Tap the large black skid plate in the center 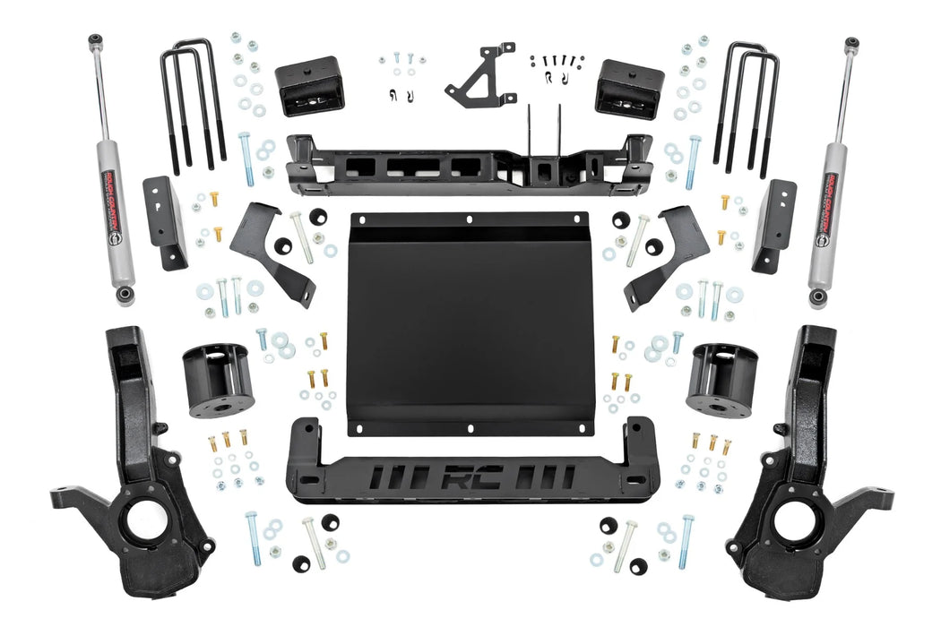tap(468, 322)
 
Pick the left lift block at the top tap(309, 86)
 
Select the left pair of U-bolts tap(192, 106)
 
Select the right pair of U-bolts tap(747, 106)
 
